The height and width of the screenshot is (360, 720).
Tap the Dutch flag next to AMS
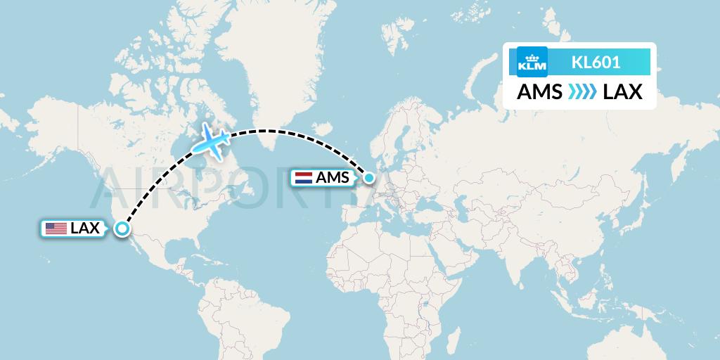point(304,177)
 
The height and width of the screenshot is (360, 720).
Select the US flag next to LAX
point(56,228)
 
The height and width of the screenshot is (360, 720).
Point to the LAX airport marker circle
point(122,229)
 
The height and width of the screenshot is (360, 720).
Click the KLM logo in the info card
point(532,62)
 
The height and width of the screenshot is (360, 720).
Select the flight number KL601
point(596,62)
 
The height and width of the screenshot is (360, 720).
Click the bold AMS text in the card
point(539,92)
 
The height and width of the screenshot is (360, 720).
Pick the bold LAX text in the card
point(622,92)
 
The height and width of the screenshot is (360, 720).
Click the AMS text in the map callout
point(332,177)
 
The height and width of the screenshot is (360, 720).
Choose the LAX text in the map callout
point(84,228)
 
